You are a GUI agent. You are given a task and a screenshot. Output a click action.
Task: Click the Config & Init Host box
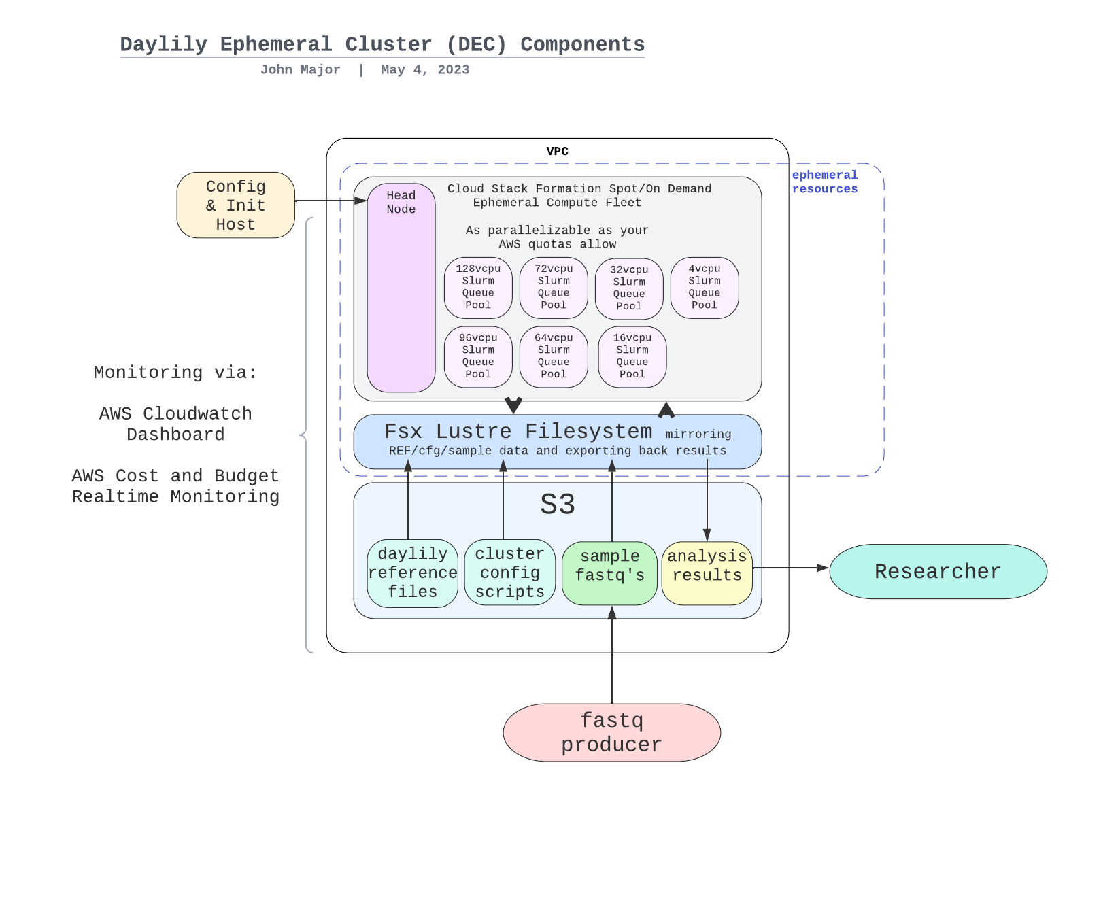click(235, 205)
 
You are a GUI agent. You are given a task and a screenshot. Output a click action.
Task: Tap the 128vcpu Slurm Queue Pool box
click(478, 288)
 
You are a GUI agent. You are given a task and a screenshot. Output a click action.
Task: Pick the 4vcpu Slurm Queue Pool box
click(705, 288)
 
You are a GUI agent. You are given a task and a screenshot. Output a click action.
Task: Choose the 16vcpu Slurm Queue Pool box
click(632, 357)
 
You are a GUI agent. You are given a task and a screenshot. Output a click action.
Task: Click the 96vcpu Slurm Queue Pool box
click(478, 357)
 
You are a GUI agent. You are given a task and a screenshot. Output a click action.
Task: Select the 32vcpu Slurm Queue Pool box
click(629, 289)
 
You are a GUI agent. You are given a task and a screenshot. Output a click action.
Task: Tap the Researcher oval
click(938, 572)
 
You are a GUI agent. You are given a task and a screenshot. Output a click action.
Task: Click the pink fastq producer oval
click(611, 733)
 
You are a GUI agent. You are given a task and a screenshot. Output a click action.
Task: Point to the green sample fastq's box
click(609, 573)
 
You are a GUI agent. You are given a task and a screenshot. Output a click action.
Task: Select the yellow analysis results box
click(707, 573)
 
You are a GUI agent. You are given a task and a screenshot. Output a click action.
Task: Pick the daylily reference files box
click(412, 573)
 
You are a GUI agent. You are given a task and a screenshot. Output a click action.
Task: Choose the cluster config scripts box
click(509, 573)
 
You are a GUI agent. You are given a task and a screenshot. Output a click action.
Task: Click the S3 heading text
click(558, 505)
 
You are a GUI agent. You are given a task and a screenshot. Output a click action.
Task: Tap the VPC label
click(557, 151)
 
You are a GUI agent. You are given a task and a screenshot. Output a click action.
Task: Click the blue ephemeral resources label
click(824, 182)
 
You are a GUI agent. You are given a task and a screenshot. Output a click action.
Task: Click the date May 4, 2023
click(425, 70)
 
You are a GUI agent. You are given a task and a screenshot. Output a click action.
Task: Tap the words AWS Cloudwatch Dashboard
click(175, 424)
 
